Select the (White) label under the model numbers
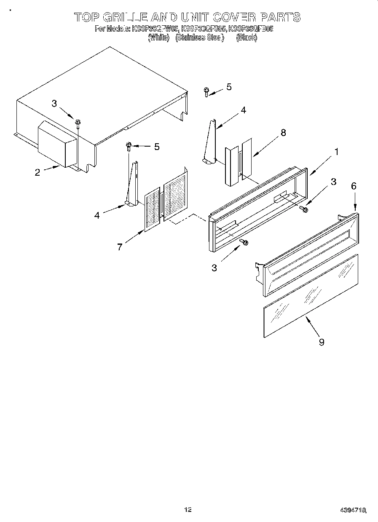159,37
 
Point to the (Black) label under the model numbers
247,37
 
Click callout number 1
336,152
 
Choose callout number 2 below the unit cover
38,172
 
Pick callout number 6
354,186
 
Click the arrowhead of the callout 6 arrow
355,208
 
